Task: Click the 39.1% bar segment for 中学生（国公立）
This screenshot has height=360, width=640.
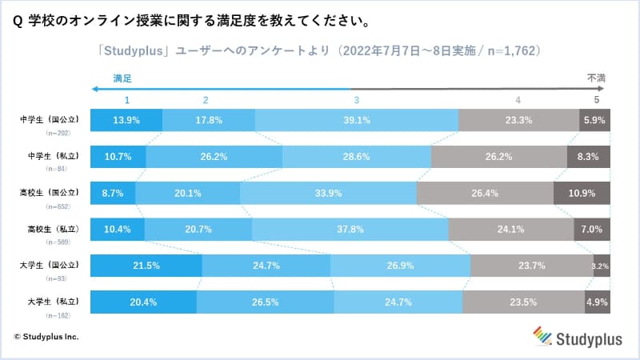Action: pyautogui.click(x=357, y=120)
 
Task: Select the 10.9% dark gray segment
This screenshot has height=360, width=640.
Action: pyautogui.click(x=582, y=192)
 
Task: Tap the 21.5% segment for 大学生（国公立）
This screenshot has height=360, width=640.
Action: pyautogui.click(x=146, y=266)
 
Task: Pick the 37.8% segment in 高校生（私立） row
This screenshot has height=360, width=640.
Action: pyautogui.click(x=350, y=229)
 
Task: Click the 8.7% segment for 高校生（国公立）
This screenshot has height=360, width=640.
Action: pyautogui.click(x=113, y=192)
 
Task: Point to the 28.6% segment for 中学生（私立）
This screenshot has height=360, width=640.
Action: pyautogui.click(x=357, y=157)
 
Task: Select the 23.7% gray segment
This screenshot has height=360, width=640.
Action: pyautogui.click(x=532, y=266)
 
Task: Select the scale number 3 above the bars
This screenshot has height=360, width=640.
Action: pyautogui.click(x=356, y=100)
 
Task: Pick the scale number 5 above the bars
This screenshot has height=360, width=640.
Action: pyautogui.click(x=596, y=100)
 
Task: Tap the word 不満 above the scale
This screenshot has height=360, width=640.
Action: pyautogui.click(x=596, y=78)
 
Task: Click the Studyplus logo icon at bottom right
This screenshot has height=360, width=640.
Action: pyautogui.click(x=544, y=335)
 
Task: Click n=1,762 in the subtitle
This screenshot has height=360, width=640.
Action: pyautogui.click(x=514, y=50)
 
